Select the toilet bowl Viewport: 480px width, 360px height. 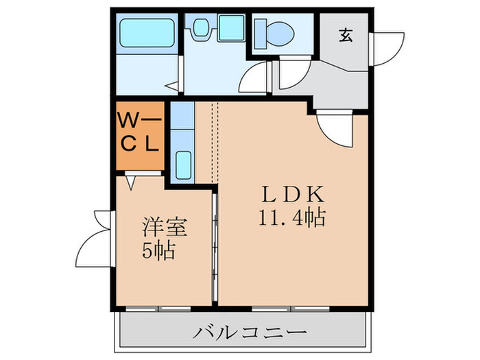(x=280, y=30)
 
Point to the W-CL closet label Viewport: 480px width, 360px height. (x=140, y=134)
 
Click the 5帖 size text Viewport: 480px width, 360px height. (x=160, y=250)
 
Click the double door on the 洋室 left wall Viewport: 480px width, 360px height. (x=95, y=240)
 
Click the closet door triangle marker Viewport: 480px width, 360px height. (x=132, y=182)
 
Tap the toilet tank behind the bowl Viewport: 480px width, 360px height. (x=261, y=29)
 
